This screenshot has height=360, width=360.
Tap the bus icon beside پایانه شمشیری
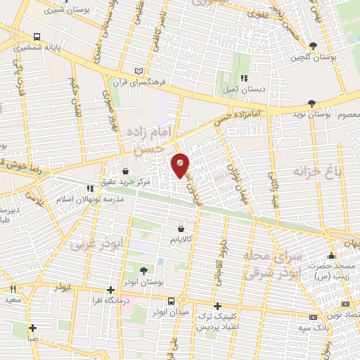36,36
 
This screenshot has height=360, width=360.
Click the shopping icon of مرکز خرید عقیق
126,171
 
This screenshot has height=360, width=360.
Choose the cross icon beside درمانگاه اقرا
110,290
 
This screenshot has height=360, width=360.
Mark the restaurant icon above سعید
12,290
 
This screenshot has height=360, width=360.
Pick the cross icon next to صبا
33,327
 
